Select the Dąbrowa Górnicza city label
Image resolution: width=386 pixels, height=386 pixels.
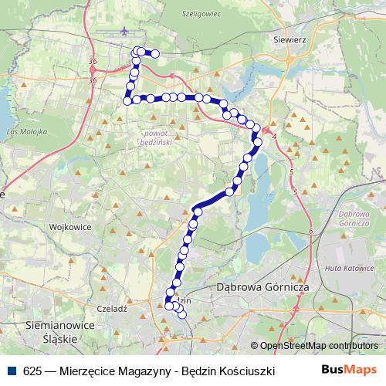pyautogui.click(x=263, y=287)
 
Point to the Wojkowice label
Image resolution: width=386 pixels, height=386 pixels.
pyautogui.click(x=70, y=228)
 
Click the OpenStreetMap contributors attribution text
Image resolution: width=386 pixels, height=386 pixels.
pyautogui.click(x=319, y=347)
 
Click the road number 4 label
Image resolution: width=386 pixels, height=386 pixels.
pyautogui.click(x=275, y=137)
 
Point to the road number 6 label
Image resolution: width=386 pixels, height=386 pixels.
pyautogui.click(x=310, y=231)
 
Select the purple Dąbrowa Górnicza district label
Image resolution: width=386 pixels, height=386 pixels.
pyautogui.click(x=357, y=218)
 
